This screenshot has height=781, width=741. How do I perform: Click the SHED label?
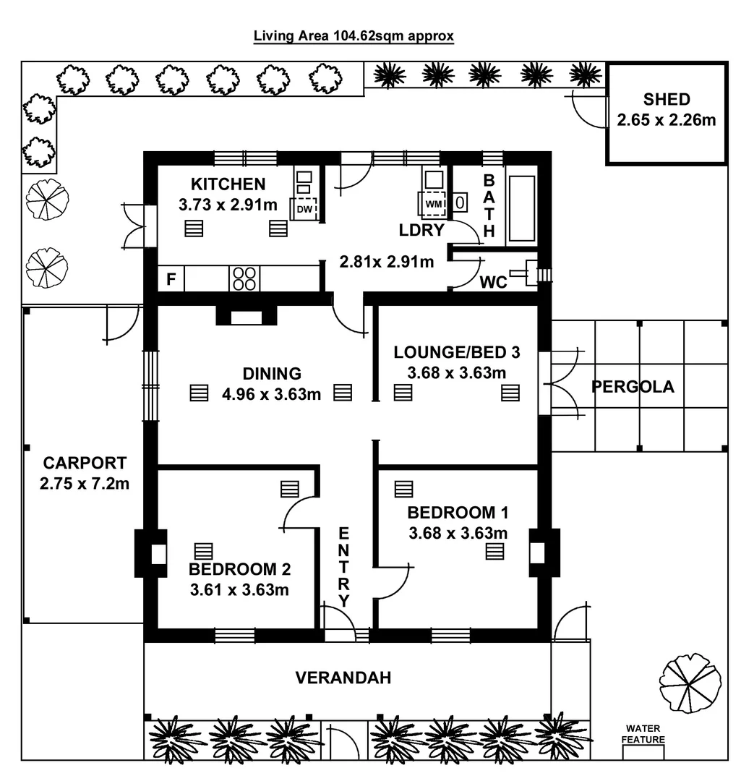667,100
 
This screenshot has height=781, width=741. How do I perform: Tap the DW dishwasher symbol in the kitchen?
304,208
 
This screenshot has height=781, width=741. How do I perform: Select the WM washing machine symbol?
434,203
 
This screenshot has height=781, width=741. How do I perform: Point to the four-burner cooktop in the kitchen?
244,278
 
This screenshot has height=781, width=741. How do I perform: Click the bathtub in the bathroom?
521,205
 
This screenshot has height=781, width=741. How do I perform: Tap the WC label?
494,282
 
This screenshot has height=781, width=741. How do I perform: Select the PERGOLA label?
633,386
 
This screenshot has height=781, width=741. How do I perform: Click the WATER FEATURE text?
643,734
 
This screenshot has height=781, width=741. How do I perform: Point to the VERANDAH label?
343,678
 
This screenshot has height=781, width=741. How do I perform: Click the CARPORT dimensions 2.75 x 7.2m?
85,483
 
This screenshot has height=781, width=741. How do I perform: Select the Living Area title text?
354,35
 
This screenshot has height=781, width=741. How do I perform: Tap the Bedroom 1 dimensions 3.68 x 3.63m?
458,534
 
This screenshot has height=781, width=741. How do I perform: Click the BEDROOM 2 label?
239,568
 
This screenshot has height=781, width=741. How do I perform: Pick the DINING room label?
272,374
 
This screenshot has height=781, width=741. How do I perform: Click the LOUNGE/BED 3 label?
456,352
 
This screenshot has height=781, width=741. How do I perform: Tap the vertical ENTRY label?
344,568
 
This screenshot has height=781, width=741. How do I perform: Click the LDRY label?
421,230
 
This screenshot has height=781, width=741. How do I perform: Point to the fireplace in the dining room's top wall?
246,316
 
